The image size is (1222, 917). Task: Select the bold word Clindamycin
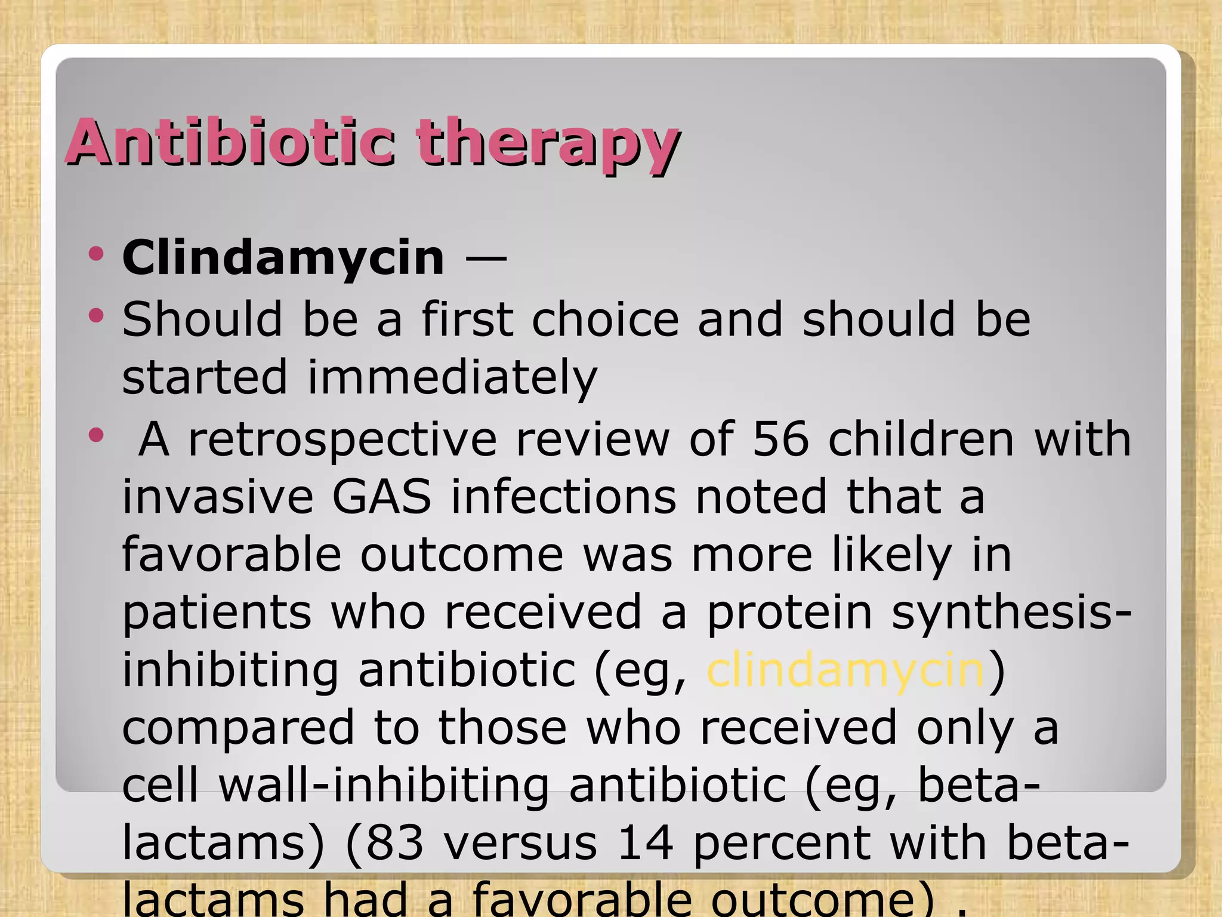pyautogui.click(x=283, y=258)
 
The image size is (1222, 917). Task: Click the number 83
pyautogui.click(x=394, y=843)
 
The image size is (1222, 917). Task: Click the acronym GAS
pyautogui.click(x=382, y=497)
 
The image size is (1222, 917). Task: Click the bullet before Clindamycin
pyautogui.click(x=95, y=254)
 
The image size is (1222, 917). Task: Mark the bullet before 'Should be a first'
pyautogui.click(x=95, y=315)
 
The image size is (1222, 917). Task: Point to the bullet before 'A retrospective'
pyautogui.click(x=95, y=435)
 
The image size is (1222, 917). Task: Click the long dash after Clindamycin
pyautogui.click(x=486, y=259)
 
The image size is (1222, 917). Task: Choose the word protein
pyautogui.click(x=789, y=613)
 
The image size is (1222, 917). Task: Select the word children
pyautogui.click(x=921, y=439)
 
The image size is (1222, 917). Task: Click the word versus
pyautogui.click(x=520, y=843)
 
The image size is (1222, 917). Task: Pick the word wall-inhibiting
pyautogui.click(x=384, y=786)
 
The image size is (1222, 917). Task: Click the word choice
pyautogui.click(x=605, y=320)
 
